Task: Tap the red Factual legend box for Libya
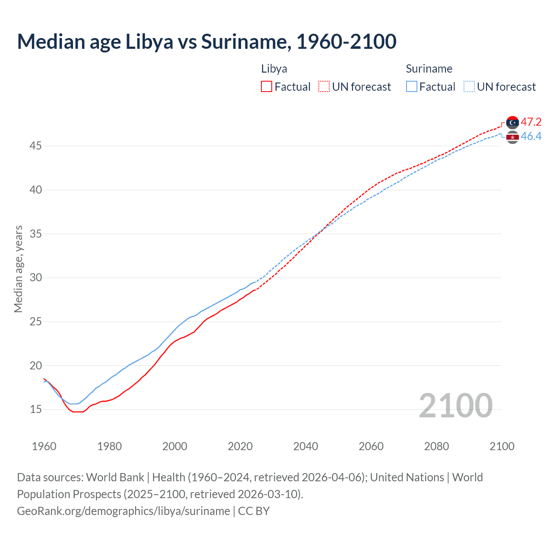pyautogui.click(x=267, y=87)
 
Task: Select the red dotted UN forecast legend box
pyautogui.click(x=324, y=87)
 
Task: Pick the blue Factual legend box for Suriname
pyautogui.click(x=412, y=87)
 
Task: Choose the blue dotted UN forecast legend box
pyautogui.click(x=469, y=87)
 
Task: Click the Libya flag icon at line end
pyautogui.click(x=512, y=123)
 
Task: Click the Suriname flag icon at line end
pyautogui.click(x=512, y=137)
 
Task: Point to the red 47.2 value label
pyautogui.click(x=531, y=122)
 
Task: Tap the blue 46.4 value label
pyautogui.click(x=531, y=137)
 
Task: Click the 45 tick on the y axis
pyautogui.click(x=35, y=146)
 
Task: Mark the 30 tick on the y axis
pyautogui.click(x=35, y=278)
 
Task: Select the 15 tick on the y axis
pyautogui.click(x=35, y=409)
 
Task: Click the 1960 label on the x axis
pyautogui.click(x=44, y=446)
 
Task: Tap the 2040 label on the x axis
pyautogui.click(x=305, y=446)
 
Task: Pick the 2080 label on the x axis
pyautogui.click(x=436, y=446)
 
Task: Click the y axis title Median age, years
pyautogui.click(x=18, y=269)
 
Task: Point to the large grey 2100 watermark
pyautogui.click(x=455, y=405)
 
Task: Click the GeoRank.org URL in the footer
pyautogui.click(x=123, y=511)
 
